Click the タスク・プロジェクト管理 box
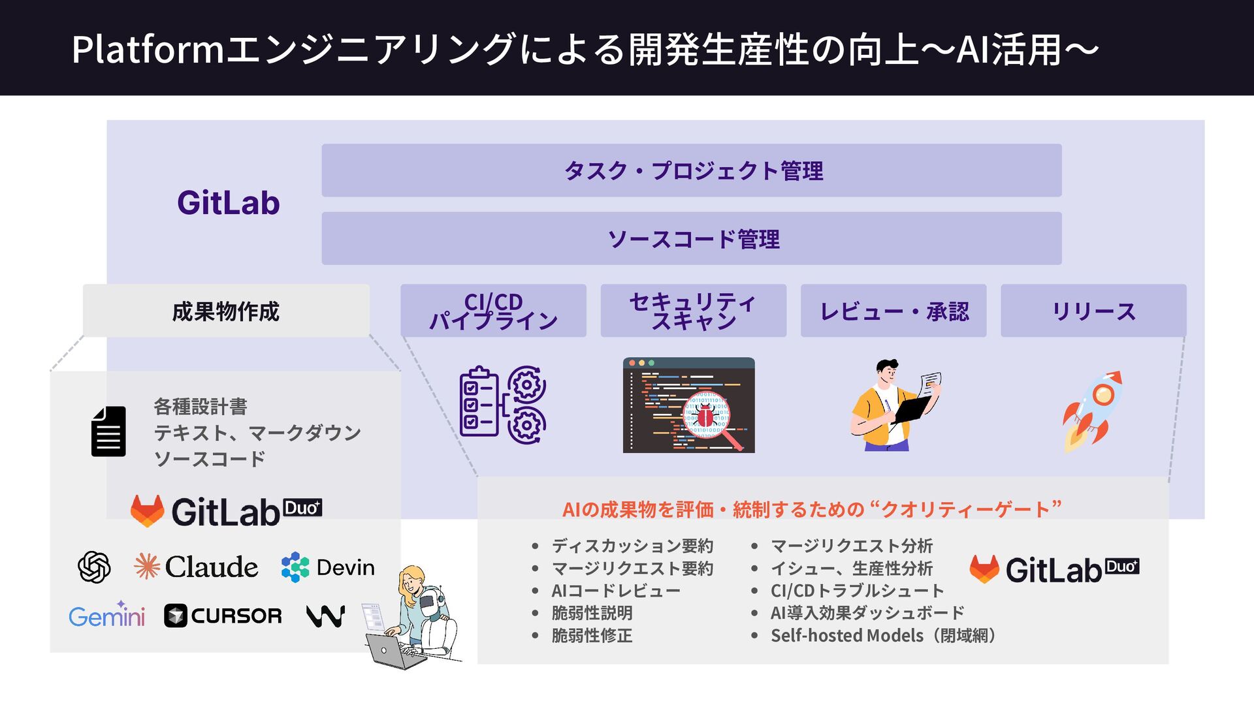tap(691, 170)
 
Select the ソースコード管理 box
tap(691, 238)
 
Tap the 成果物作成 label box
tap(226, 311)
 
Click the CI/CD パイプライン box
tap(493, 311)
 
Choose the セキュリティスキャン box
tap(693, 311)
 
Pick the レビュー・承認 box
tap(893, 311)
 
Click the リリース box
tap(1093, 311)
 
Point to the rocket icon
tap(1092, 410)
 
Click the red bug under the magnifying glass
tap(705, 415)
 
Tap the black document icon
tap(108, 431)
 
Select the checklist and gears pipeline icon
tap(502, 405)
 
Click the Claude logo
tap(196, 567)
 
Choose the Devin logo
tap(328, 567)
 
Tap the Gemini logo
tap(106, 615)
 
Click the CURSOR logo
tap(223, 616)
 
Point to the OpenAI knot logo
tap(94, 567)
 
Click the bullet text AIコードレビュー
tap(615, 591)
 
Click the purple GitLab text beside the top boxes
tap(228, 203)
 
